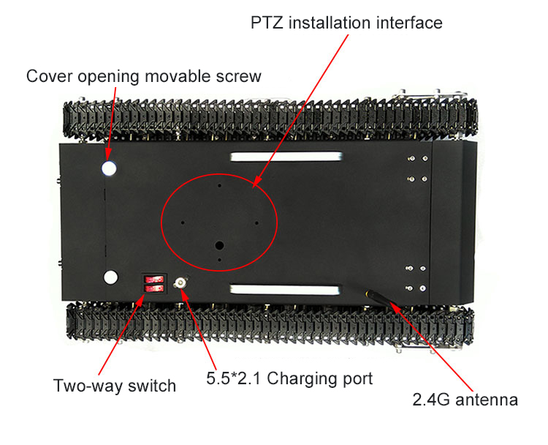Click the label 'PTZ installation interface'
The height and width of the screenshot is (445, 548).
click(346, 23)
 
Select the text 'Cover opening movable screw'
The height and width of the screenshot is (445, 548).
click(144, 76)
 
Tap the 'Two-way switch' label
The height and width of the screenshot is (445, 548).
click(115, 386)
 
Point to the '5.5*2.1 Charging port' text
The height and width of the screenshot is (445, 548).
click(289, 379)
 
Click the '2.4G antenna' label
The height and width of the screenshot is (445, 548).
click(465, 400)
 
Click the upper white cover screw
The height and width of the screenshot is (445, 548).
click(109, 168)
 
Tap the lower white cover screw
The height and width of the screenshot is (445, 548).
click(111, 277)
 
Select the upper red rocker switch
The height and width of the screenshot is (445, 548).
click(154, 280)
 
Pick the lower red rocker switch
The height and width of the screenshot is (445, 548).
click(154, 288)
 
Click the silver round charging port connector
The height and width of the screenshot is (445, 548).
click(180, 283)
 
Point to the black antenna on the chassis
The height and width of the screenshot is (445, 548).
click(381, 299)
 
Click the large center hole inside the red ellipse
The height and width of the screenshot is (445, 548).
click(219, 245)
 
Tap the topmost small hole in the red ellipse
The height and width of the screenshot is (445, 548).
click(219, 186)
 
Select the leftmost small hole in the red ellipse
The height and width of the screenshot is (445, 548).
click(183, 222)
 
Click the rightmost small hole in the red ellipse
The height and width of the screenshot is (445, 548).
click(256, 222)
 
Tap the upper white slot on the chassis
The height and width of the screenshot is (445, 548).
click(286, 157)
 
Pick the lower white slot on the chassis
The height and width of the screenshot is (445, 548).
click(284, 290)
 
